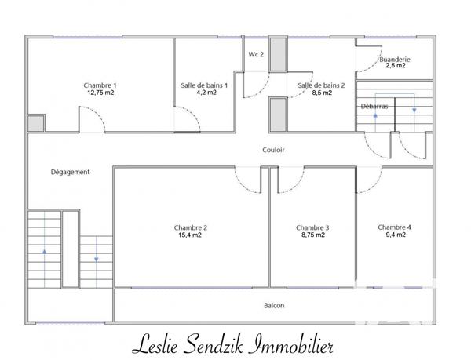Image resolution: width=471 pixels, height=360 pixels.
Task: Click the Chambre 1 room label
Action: (100, 85)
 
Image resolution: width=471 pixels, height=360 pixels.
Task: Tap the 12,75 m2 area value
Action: (100, 92)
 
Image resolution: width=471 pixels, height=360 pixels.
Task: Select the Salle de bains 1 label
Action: (204, 85)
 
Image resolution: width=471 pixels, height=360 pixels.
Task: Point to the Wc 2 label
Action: (256, 54)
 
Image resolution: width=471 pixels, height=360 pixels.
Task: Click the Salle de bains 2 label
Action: (321, 85)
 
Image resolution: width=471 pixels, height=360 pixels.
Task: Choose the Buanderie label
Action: (394, 59)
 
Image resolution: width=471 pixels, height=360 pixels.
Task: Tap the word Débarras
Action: (374, 106)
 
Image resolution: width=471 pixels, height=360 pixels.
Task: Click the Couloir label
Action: (274, 149)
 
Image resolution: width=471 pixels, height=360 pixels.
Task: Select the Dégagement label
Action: (70, 172)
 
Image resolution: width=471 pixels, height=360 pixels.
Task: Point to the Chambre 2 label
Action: (191, 227)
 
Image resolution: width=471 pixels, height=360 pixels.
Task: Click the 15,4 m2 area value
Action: (191, 235)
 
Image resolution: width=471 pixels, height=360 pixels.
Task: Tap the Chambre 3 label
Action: (312, 227)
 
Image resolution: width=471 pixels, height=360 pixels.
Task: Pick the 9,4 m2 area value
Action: (394, 234)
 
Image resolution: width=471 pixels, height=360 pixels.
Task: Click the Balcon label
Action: (274, 305)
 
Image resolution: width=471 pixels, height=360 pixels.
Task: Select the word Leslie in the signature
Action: (157, 343)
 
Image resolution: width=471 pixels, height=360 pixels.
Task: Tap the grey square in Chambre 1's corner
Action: (35, 124)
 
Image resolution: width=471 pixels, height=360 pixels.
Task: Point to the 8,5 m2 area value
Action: (321, 92)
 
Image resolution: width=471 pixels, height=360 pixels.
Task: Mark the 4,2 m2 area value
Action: (204, 92)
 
